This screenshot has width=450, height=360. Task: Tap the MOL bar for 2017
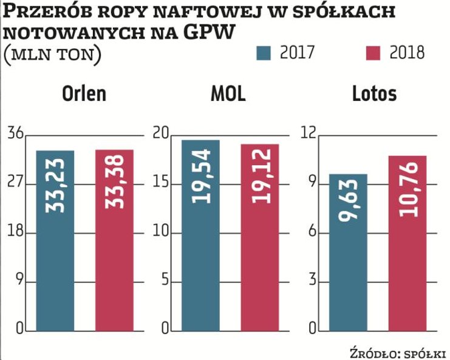tap(200, 236)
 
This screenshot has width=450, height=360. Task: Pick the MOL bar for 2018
tap(259, 238)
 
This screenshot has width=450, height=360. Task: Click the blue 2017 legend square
tap(262, 53)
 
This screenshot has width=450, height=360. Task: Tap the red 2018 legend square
tap(375, 53)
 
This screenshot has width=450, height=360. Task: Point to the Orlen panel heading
tap(84, 94)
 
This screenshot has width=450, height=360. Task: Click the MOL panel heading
tap(230, 94)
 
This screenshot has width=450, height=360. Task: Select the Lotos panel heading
tap(374, 94)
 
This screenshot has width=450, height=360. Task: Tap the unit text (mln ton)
tap(52, 54)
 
